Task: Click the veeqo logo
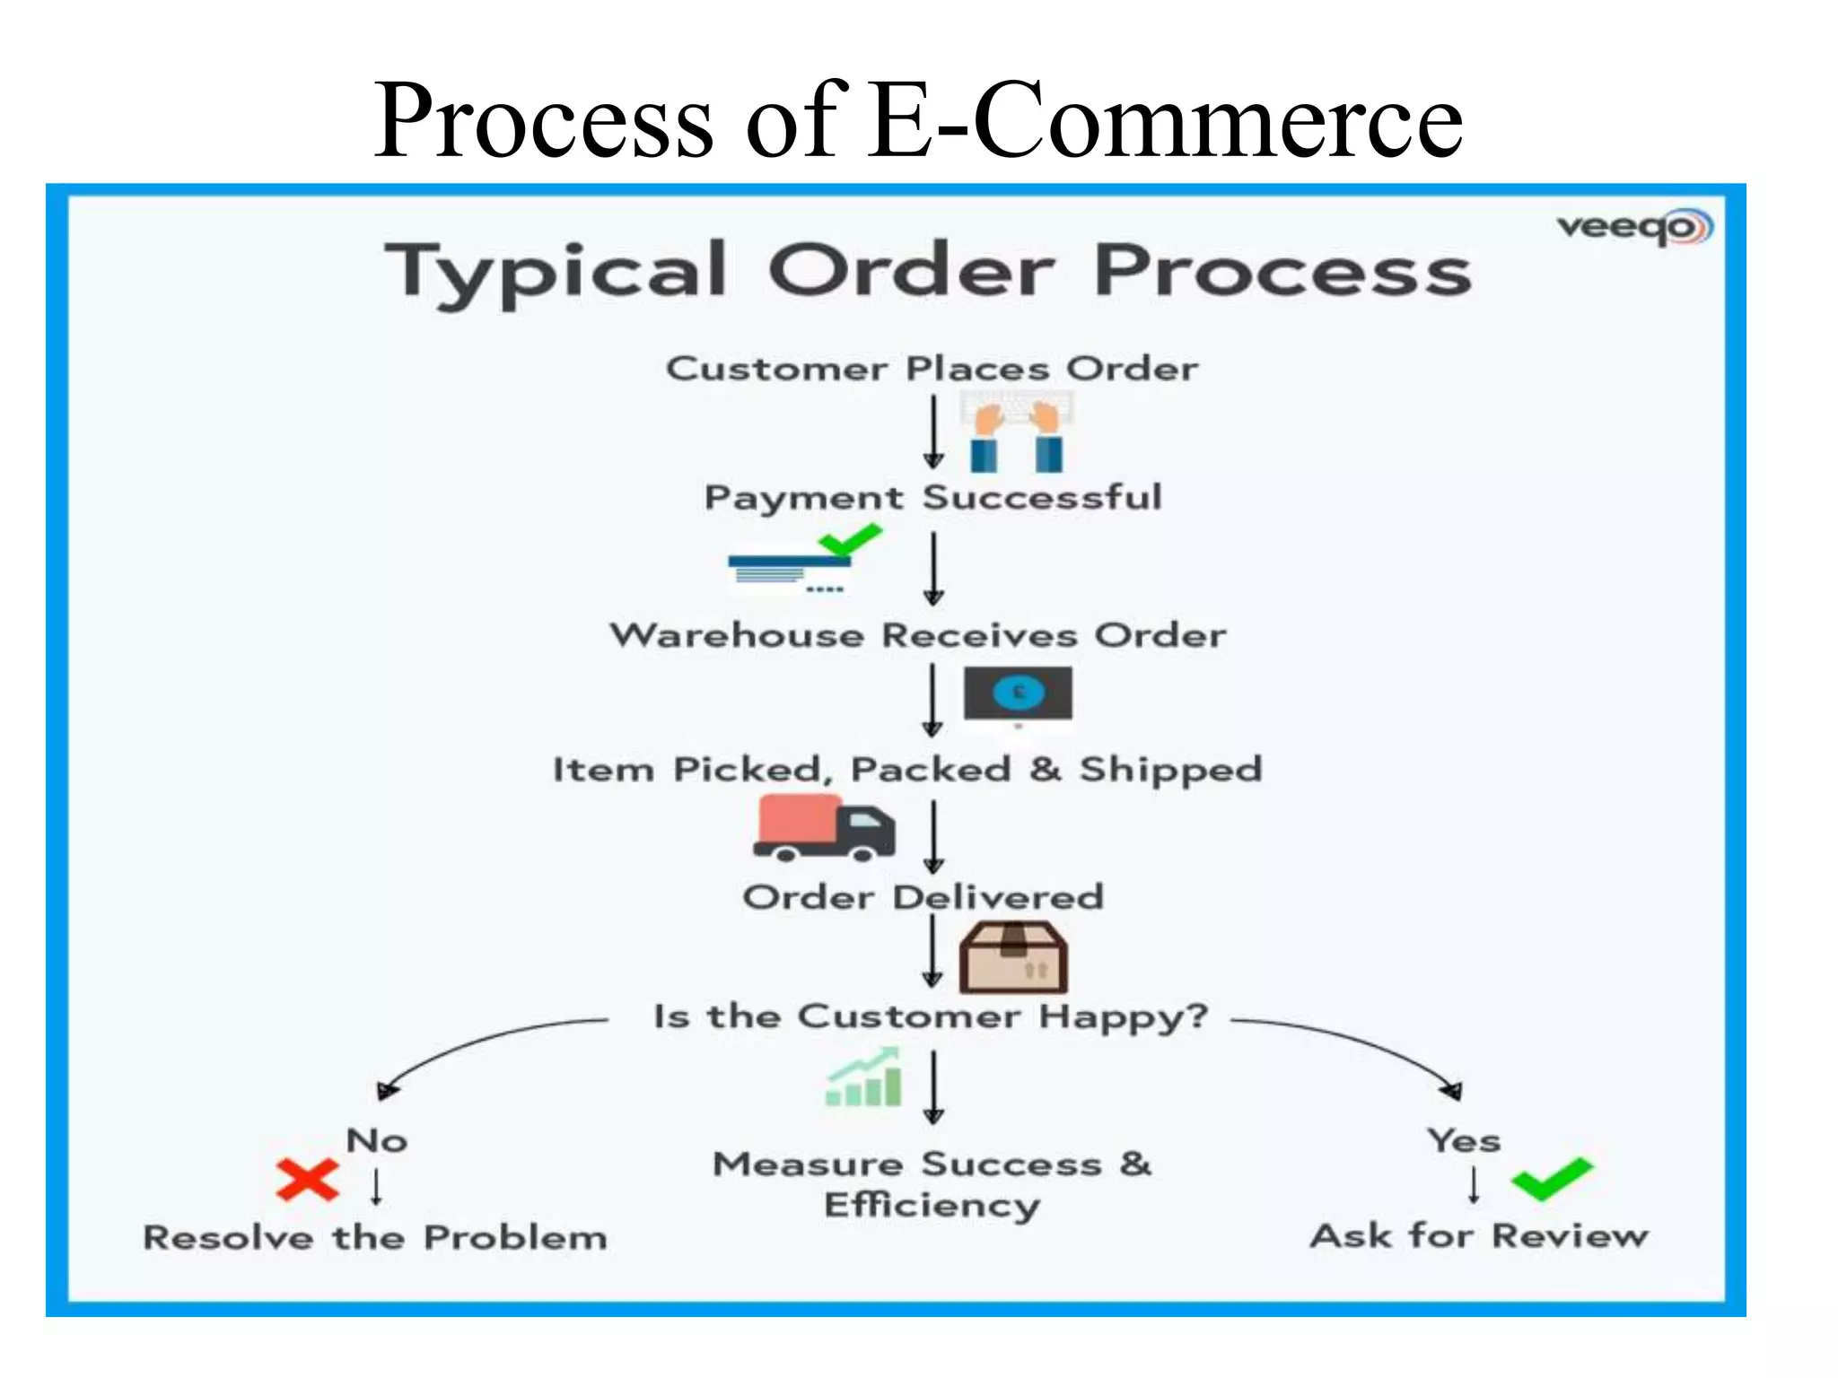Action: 1634,227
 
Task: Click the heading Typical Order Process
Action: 928,270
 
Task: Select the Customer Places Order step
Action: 932,369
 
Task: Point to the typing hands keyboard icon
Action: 1017,435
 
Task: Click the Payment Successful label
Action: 932,498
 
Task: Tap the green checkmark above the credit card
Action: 850,540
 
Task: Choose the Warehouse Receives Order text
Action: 917,635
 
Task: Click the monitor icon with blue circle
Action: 1018,693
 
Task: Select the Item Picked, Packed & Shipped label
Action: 907,770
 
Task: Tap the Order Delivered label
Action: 923,897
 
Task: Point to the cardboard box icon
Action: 1013,957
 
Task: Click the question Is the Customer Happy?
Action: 931,1017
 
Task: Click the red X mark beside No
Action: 307,1180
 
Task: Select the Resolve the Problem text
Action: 375,1238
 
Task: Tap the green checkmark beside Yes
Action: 1552,1179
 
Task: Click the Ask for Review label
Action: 1479,1236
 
